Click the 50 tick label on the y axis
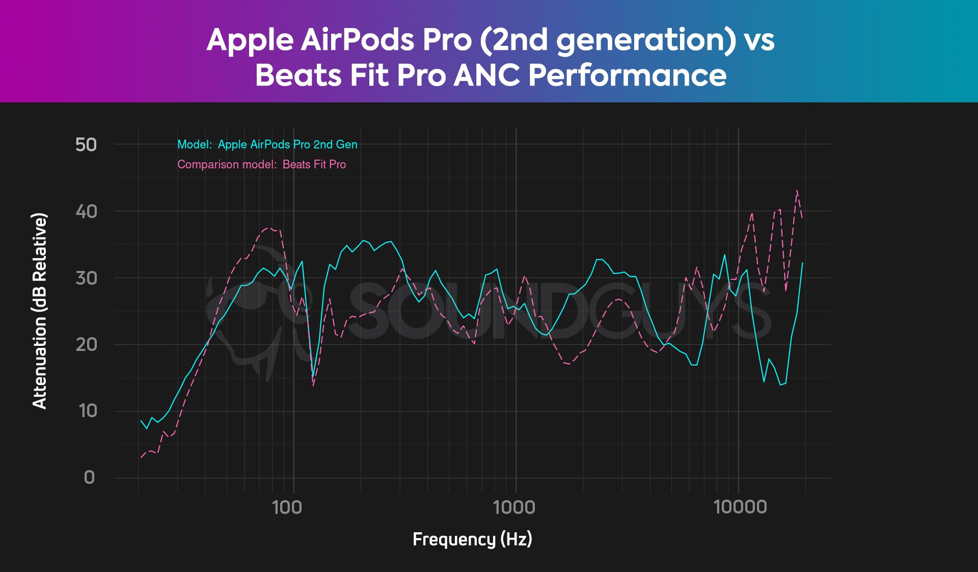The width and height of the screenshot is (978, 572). tap(86, 145)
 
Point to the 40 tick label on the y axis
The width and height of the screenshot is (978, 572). tap(86, 211)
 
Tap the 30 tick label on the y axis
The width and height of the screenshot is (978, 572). tap(86, 278)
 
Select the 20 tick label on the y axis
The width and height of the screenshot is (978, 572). tap(86, 345)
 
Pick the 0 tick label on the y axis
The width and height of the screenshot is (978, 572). tap(89, 478)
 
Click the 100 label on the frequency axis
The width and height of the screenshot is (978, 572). tap(287, 507)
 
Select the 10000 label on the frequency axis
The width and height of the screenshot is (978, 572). tap(740, 507)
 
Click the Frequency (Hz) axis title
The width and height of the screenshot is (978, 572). tap(472, 539)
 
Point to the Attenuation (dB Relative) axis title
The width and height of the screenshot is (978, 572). tap(39, 311)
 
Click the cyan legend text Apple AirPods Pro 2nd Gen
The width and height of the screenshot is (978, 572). tap(287, 145)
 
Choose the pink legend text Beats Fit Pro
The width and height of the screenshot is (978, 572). tap(314, 165)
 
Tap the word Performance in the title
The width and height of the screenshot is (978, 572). tap(627, 75)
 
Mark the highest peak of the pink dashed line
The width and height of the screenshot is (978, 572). tap(797, 190)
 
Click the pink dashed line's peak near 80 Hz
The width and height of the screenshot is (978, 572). tap(270, 228)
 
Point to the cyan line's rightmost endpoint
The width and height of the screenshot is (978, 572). tap(803, 263)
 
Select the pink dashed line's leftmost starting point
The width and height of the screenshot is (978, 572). tap(141, 457)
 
